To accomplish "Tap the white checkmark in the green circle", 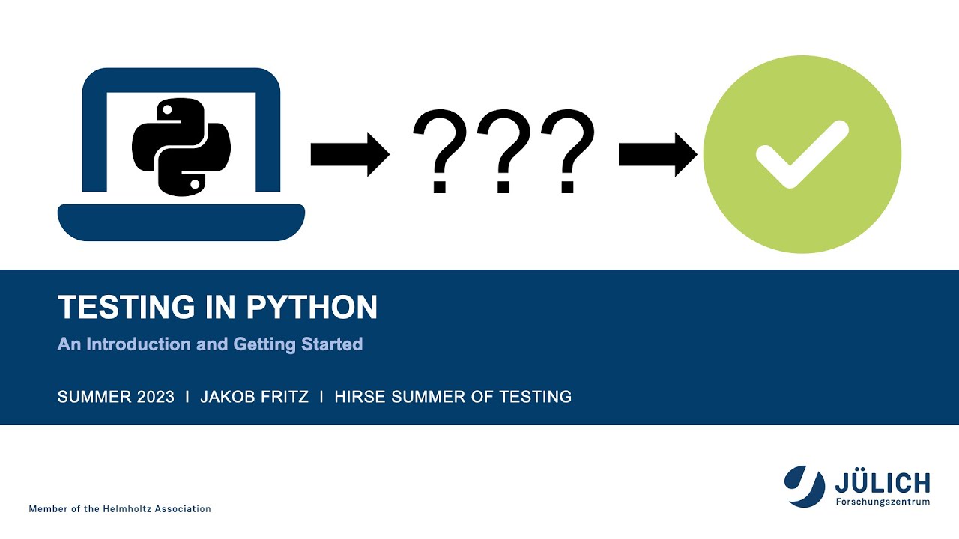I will [802, 154].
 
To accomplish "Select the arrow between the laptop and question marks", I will [349, 155].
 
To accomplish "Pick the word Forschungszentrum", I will [883, 502].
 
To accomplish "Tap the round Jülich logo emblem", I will [804, 486].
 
